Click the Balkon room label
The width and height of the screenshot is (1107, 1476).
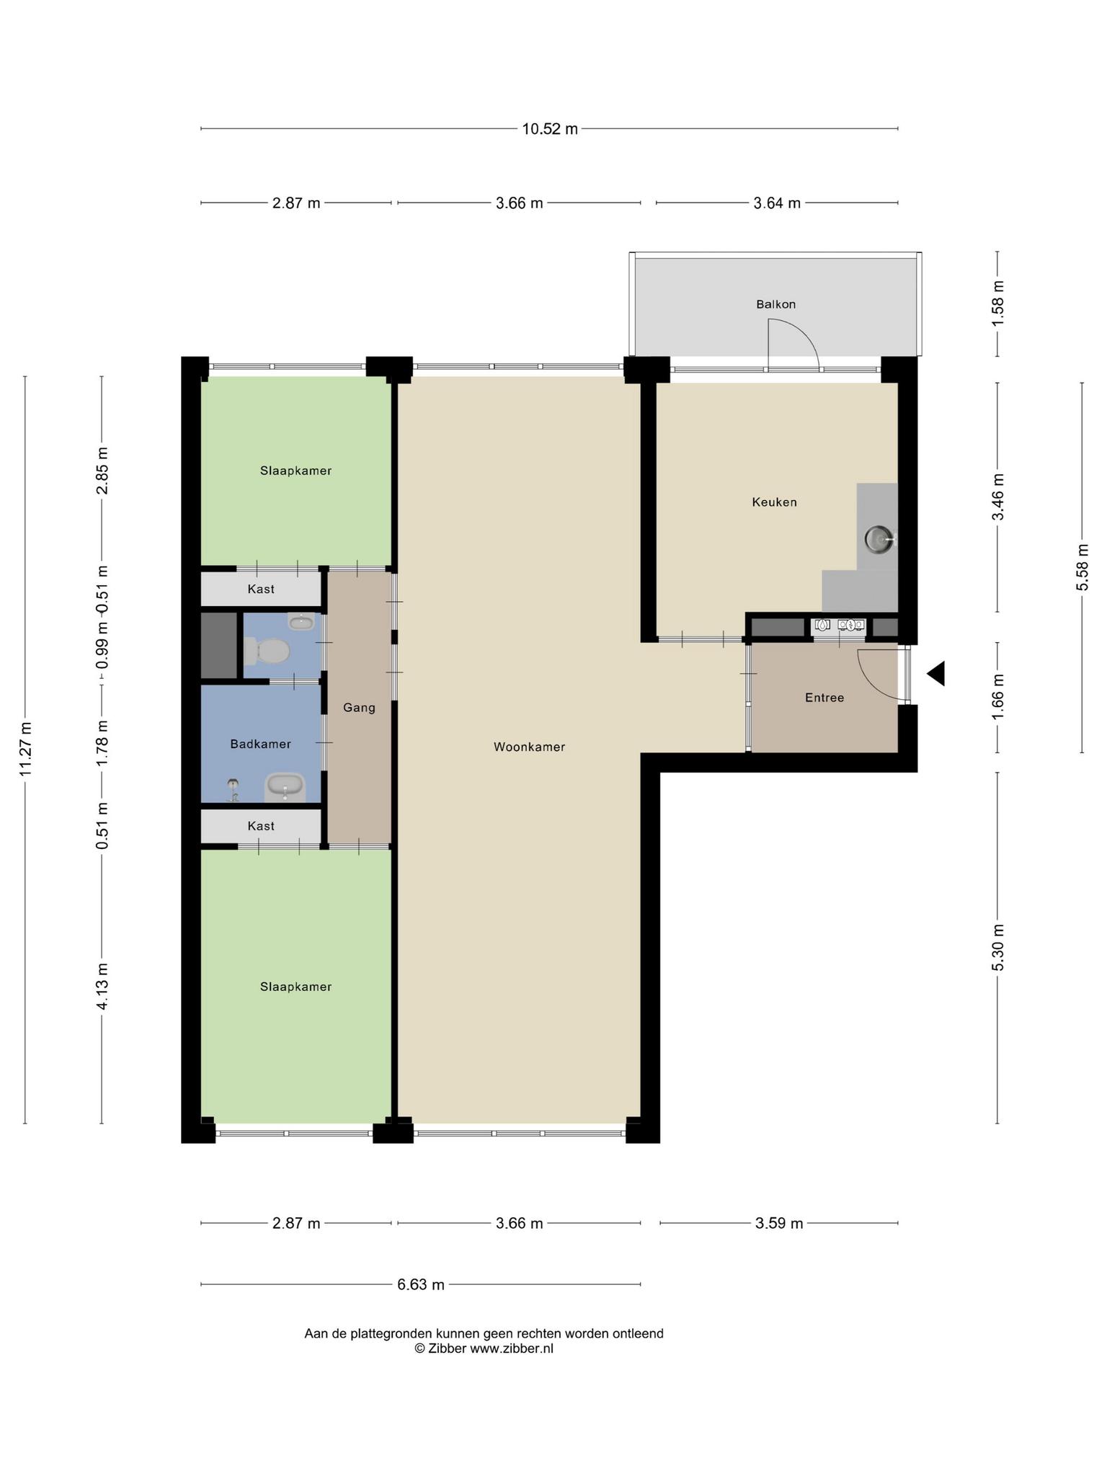(x=775, y=304)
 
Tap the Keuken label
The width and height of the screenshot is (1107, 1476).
(x=775, y=502)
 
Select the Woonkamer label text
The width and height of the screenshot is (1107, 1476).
(x=529, y=747)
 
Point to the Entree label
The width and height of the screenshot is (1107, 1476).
(x=824, y=698)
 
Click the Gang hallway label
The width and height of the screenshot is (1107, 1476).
(x=359, y=708)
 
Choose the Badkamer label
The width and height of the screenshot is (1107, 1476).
(x=260, y=744)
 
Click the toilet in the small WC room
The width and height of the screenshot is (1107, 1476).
(x=267, y=652)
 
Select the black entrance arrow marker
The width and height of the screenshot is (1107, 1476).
(x=935, y=674)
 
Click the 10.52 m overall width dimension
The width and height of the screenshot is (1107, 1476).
(x=550, y=129)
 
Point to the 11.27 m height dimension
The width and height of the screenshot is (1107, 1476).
(x=26, y=750)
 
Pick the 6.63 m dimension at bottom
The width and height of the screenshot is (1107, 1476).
(x=421, y=1284)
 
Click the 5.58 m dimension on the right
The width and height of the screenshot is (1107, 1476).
(x=1082, y=567)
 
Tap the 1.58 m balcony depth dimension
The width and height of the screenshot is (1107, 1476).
(x=998, y=302)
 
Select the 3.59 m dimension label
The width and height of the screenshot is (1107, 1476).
(x=779, y=1223)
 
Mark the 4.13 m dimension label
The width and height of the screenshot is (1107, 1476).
(x=102, y=986)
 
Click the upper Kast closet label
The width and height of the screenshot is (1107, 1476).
(x=261, y=589)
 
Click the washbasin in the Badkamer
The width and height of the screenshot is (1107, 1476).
(x=286, y=788)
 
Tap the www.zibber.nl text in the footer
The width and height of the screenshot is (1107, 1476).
(x=512, y=1348)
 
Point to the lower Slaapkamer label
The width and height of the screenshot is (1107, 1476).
(x=296, y=987)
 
